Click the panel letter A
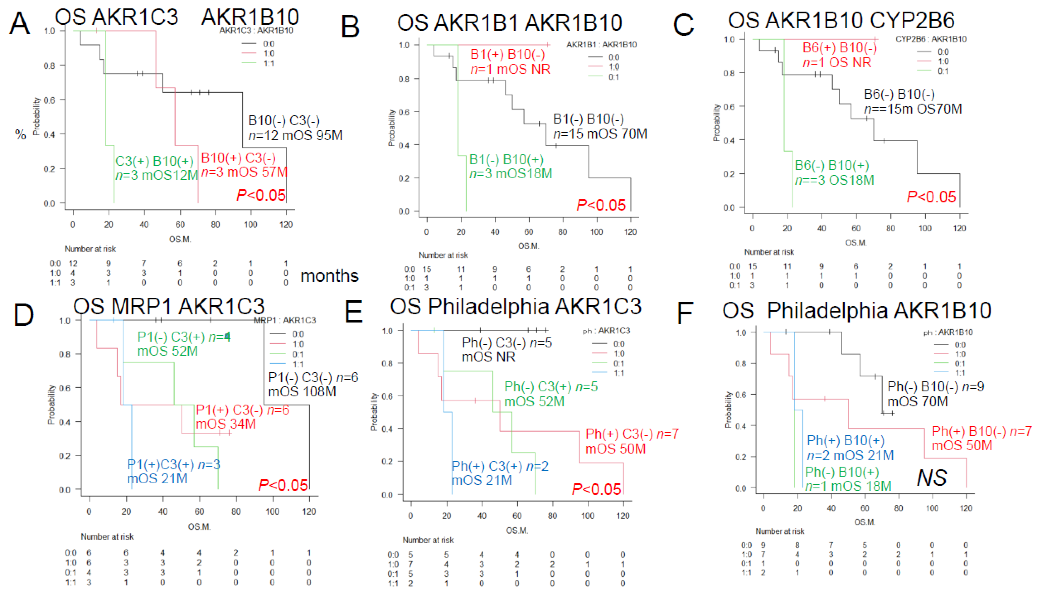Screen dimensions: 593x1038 coord(19,24)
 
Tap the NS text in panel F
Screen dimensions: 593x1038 coord(931,477)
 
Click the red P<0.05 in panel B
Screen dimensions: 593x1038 coord(601,205)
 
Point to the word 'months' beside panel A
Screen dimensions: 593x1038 coord(329,276)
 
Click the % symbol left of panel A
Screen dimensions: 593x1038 coord(20,134)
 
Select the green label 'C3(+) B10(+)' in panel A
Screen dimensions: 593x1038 coord(154,161)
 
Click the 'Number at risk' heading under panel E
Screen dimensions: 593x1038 coord(428,540)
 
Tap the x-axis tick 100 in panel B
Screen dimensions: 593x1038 coord(596,232)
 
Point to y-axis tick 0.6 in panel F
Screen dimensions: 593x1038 coord(741,395)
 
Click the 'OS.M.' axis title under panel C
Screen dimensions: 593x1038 coord(856,243)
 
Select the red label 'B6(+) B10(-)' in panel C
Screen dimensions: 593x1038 coord(839,48)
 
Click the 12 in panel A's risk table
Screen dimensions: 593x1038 coord(73,263)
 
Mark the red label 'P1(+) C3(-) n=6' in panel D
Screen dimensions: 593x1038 coord(242,410)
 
